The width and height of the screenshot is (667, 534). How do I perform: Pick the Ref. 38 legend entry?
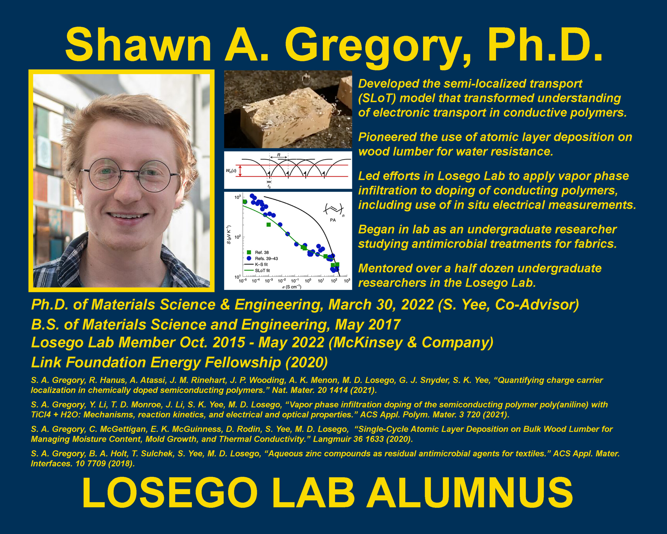[x=258, y=252]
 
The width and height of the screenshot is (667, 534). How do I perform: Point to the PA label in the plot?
[x=332, y=220]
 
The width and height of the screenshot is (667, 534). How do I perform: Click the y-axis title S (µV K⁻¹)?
[x=228, y=235]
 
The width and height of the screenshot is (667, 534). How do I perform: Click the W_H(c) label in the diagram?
[x=231, y=171]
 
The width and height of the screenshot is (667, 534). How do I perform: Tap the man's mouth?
[x=128, y=216]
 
